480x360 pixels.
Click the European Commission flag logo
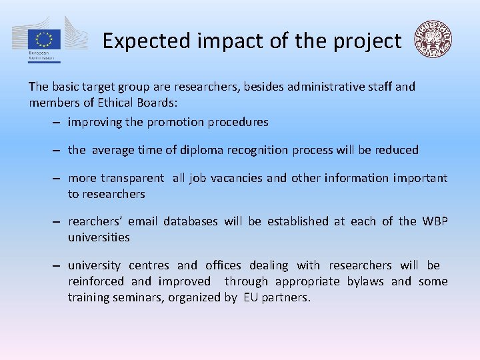45,39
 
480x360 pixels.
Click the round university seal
433,39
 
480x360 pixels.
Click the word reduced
397,150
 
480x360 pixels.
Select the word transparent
132,178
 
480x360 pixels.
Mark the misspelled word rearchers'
95,221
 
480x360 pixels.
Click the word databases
190,221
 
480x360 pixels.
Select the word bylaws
365,281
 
